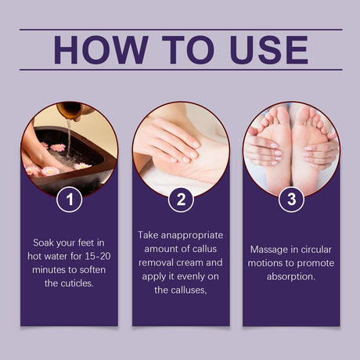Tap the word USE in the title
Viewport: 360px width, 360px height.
pyautogui.click(x=262, y=49)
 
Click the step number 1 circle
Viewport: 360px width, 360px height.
pyautogui.click(x=70, y=199)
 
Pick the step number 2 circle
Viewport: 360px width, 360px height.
pyautogui.click(x=181, y=199)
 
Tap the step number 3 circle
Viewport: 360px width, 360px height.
pyautogui.click(x=292, y=199)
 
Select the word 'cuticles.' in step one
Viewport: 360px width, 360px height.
pyautogui.click(x=70, y=283)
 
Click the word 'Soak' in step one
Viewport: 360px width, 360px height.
pyautogui.click(x=45, y=242)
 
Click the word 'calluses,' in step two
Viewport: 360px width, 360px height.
pyautogui.click(x=181, y=289)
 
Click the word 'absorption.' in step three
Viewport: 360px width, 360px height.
pyautogui.click(x=291, y=275)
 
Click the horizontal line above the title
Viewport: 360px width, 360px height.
pyautogui.click(x=181, y=30)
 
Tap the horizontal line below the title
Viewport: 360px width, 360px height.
pyautogui.click(x=181, y=70)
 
